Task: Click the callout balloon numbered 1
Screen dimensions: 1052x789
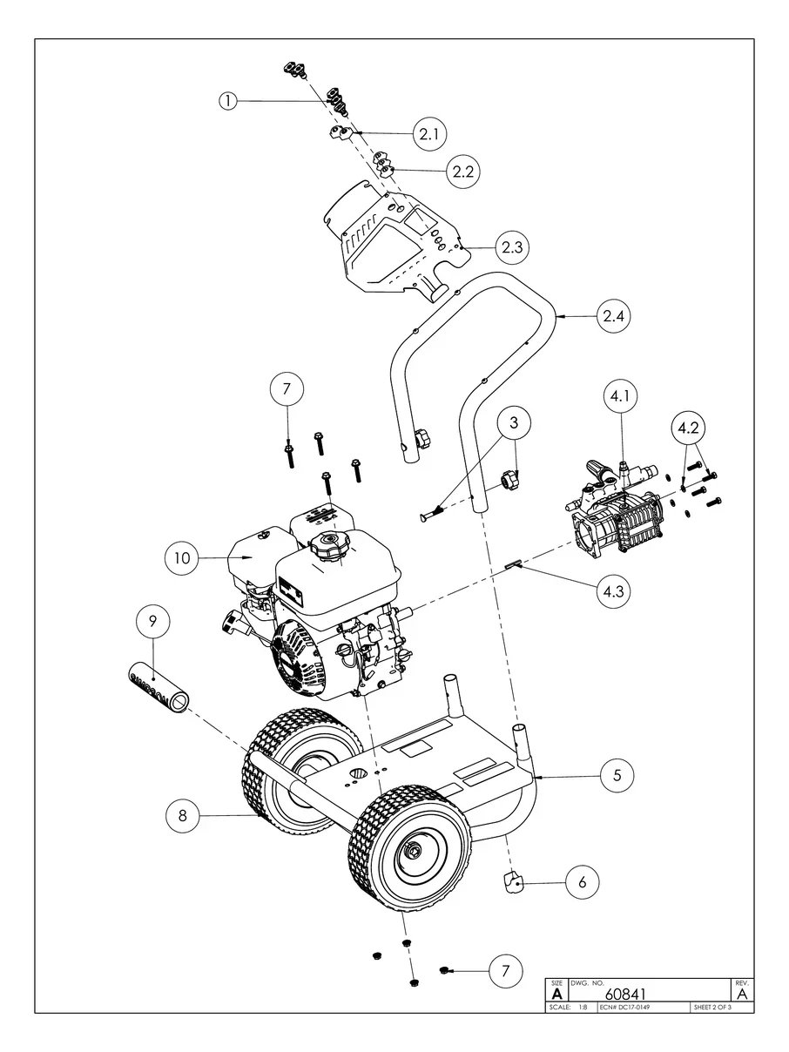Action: [x=227, y=101]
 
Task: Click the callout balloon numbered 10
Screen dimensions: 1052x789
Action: [x=183, y=558]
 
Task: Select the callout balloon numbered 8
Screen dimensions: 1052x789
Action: [x=183, y=816]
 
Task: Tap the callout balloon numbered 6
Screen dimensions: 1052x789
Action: [x=582, y=882]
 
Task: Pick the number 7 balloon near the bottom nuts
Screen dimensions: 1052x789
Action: [x=505, y=970]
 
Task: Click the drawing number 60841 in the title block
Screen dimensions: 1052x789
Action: [x=624, y=994]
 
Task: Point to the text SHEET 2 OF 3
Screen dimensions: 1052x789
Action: [x=711, y=1008]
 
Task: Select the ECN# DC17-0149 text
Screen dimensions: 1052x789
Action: [x=625, y=1008]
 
